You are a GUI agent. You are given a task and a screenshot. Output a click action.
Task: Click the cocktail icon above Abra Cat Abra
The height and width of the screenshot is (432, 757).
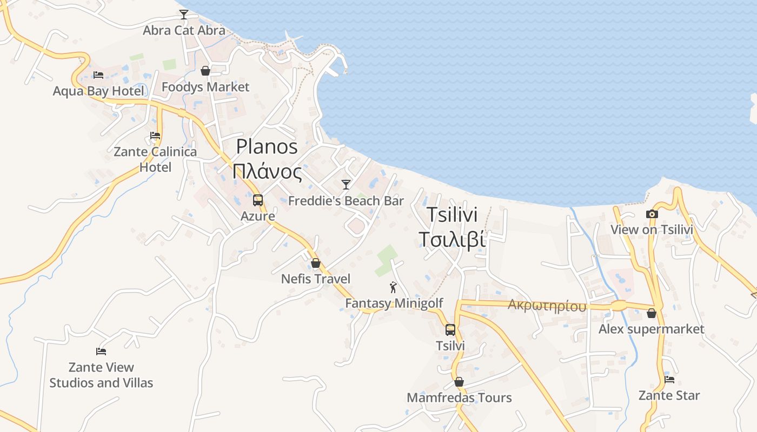coord(184,14)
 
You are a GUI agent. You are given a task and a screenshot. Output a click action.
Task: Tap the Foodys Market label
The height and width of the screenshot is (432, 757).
coord(205,87)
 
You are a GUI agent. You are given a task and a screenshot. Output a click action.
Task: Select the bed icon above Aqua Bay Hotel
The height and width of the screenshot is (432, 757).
coord(98,75)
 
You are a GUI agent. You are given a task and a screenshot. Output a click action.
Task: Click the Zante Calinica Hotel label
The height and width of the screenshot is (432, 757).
coord(155,159)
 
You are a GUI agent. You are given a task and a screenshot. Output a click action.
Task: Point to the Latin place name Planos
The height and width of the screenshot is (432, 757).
coord(267,146)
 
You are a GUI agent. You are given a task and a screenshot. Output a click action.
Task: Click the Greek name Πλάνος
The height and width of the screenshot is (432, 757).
coord(267,172)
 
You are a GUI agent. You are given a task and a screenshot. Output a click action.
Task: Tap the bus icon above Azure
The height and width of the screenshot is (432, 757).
coord(258,200)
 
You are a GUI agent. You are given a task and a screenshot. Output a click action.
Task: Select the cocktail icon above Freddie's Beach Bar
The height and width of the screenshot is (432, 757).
coord(346,185)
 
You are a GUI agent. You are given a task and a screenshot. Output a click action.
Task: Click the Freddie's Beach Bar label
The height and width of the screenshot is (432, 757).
coord(346,201)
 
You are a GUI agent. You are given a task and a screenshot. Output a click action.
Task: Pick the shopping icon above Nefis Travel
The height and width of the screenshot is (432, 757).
coord(316,263)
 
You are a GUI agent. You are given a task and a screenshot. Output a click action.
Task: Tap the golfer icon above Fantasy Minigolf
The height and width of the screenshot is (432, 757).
coord(393,287)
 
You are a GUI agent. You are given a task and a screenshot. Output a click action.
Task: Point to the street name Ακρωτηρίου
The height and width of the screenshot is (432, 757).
coord(547,306)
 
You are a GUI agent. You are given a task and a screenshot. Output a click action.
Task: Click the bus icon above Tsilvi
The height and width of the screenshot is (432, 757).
coord(450,329)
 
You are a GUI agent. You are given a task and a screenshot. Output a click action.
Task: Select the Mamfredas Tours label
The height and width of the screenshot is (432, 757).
coord(459,398)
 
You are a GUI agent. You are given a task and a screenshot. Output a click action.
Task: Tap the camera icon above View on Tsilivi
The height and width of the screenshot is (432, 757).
coord(652,214)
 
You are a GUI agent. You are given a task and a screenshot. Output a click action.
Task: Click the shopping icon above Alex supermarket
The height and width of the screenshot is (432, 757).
coord(652,313)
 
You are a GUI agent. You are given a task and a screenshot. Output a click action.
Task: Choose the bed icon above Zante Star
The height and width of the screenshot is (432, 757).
coord(669,379)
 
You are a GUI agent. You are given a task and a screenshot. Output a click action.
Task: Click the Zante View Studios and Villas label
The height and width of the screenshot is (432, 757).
coord(101,375)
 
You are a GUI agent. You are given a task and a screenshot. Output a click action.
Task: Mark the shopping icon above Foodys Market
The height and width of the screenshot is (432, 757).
coord(205,71)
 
